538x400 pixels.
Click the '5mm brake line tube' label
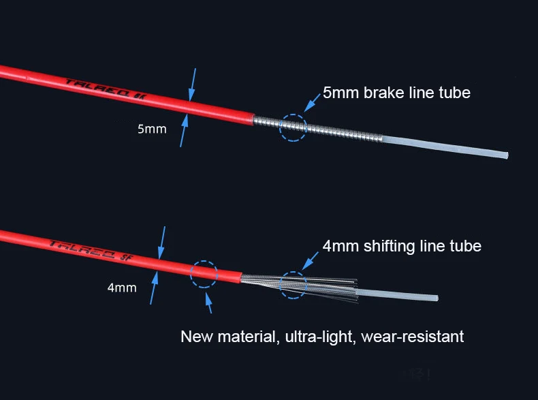(396, 93)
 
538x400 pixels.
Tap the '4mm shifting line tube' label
(402, 246)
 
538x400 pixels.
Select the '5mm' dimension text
(152, 129)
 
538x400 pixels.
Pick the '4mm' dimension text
(122, 288)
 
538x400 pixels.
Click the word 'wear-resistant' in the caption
(413, 337)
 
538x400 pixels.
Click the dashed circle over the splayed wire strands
(294, 284)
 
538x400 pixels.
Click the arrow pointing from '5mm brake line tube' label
(313, 104)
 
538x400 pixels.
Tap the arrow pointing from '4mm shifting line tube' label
(311, 259)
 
